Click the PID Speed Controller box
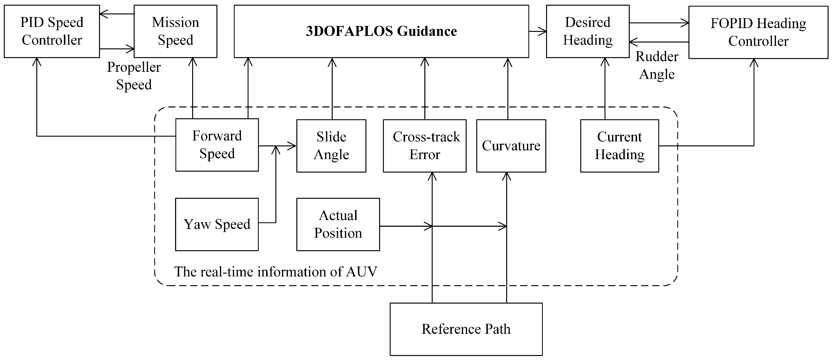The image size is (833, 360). point(52,31)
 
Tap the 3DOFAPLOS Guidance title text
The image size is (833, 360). point(381,31)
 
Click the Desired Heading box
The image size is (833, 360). point(588,31)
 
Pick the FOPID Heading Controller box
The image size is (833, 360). point(758,32)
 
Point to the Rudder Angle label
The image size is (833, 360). point(657,65)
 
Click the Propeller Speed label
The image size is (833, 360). point(134,76)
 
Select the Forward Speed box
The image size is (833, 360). point(217,145)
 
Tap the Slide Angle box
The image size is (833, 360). point(331,146)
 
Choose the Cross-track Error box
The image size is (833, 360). point(425,146)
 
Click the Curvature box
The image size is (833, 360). point(511,146)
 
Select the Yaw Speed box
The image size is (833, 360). point(217,224)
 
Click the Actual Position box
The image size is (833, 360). point(338,224)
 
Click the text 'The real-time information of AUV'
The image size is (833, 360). point(276,272)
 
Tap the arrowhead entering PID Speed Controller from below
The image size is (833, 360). point(37,62)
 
